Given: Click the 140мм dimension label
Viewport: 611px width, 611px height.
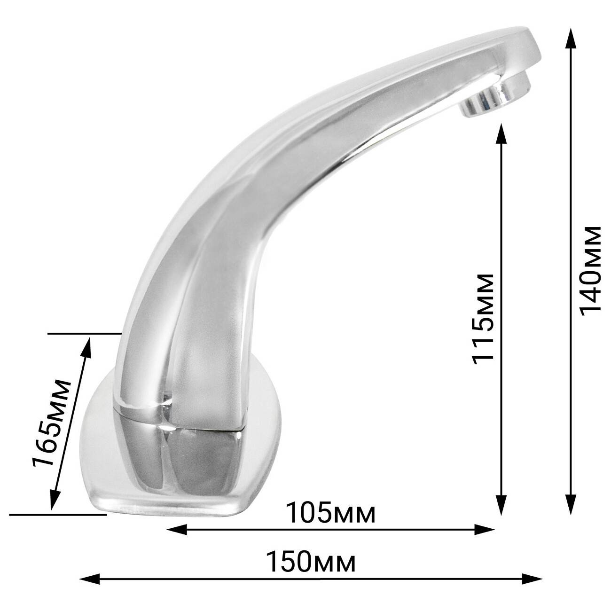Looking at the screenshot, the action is coord(590,271).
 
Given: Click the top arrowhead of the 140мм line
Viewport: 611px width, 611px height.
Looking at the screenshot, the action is coord(571,38).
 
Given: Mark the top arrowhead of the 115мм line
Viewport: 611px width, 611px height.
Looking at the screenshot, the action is coord(501,134).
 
